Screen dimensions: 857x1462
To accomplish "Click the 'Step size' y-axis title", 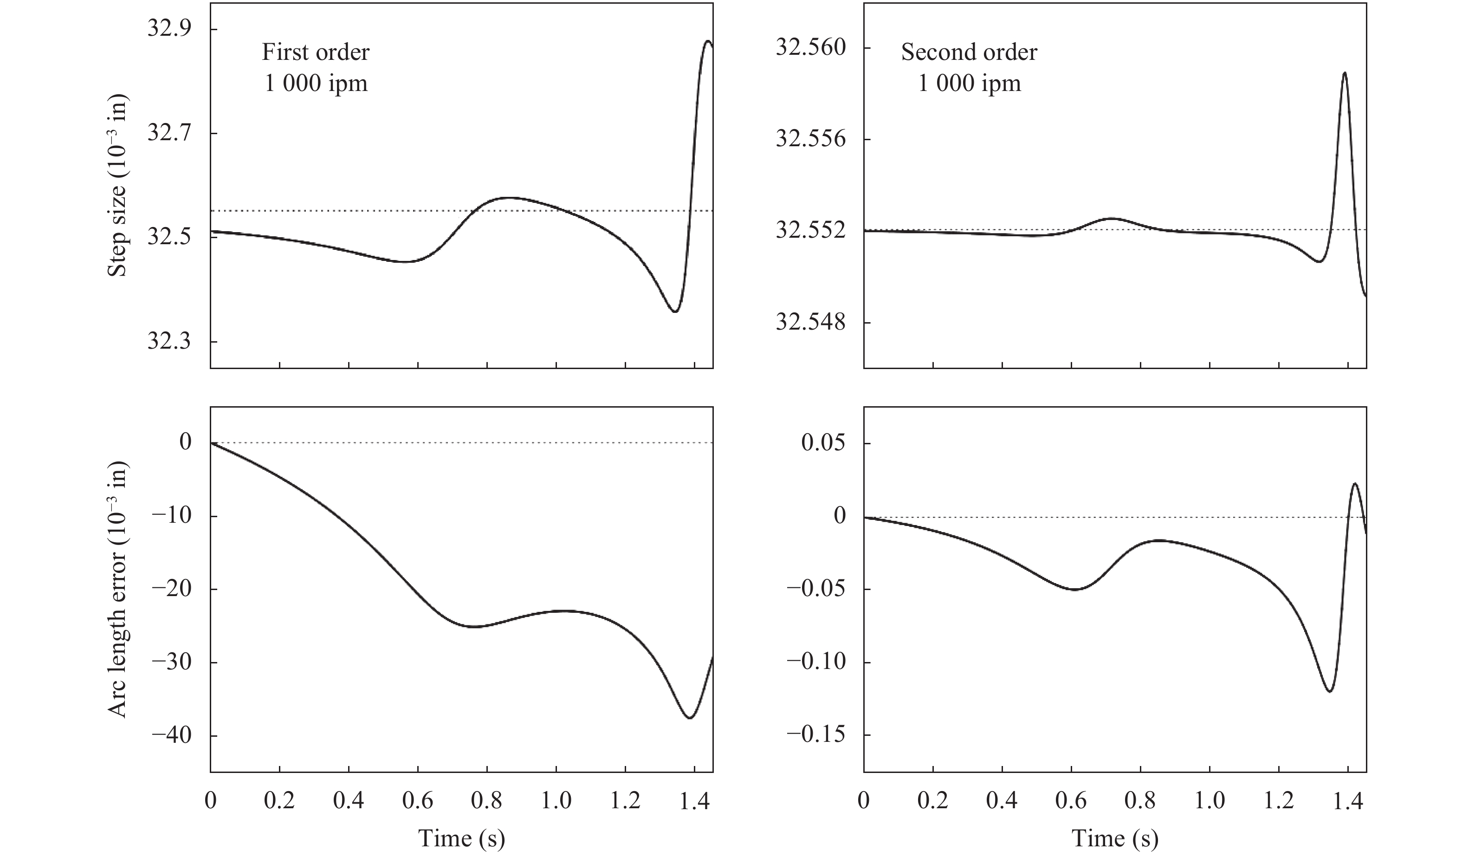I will coord(118,186).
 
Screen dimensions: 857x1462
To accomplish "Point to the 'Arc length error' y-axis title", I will coord(118,590).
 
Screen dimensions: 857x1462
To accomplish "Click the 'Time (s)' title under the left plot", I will coord(461,838).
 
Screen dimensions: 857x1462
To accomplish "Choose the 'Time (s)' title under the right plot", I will coord(1114,838).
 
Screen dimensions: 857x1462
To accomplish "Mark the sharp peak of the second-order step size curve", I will coord(1345,73).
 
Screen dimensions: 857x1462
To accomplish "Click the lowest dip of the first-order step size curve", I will coord(675,312).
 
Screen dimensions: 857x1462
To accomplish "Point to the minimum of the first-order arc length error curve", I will coord(689,718).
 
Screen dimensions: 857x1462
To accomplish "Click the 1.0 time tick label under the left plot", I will coord(556,801).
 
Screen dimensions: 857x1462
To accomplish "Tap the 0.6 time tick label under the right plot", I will coord(1071,801).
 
